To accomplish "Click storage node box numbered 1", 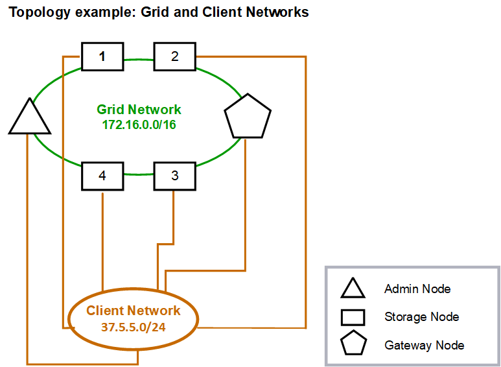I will coord(102,56).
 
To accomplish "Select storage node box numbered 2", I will coord(174,56).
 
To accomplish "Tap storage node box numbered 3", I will coord(174,176).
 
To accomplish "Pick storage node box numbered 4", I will coord(102,176).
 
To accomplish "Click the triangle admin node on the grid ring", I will coord(29,119).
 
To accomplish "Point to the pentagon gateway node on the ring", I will coord(247,117).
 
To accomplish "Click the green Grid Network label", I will coord(139,110).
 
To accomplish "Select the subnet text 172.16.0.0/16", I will coord(139,124).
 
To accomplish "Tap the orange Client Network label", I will coord(133,311).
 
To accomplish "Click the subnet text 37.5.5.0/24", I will coord(133,327).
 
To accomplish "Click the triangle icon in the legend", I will coord(354,289).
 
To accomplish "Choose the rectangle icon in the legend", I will coord(354,317).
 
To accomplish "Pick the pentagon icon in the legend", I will coord(354,344).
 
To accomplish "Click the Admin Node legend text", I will coord(417,289).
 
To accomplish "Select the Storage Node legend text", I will coord(421,317).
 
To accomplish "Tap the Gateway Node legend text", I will coord(424,345).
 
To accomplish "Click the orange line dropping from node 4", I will coord(102,240).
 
